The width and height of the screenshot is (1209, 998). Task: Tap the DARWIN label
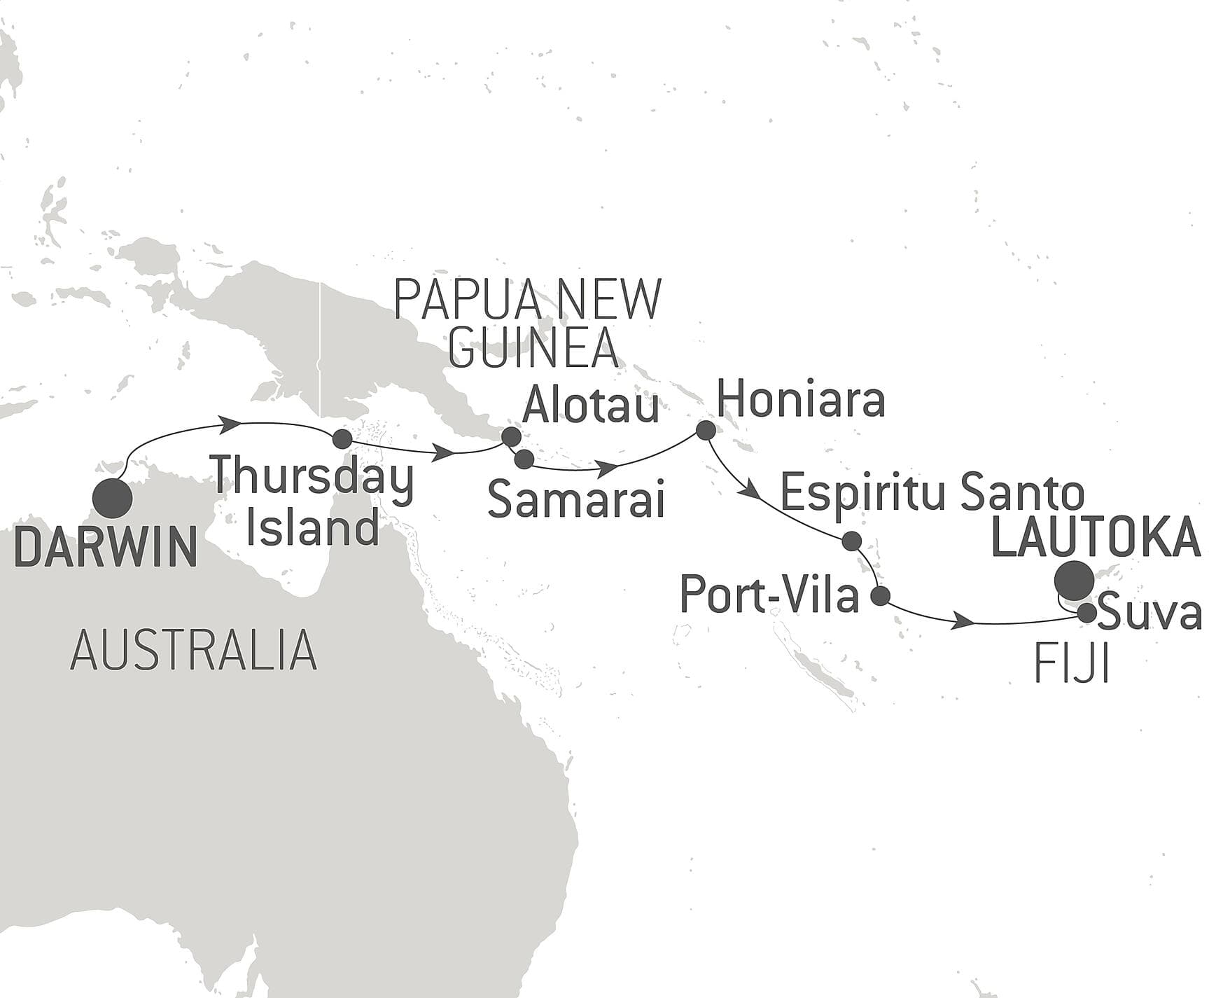[x=105, y=547]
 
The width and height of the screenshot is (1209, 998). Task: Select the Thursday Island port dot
[x=342, y=439]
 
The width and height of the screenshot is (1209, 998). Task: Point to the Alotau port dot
[x=511, y=436]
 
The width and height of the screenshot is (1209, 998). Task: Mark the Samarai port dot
[x=524, y=459]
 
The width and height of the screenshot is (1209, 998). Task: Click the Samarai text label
[x=575, y=500]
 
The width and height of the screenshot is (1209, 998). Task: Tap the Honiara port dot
[x=706, y=430]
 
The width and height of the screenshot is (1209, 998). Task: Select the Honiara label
[x=802, y=400]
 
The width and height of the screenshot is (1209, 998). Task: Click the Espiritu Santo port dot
[x=851, y=540]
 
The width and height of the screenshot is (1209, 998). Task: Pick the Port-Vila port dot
[x=880, y=596]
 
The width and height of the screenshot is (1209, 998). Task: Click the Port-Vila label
[x=769, y=597]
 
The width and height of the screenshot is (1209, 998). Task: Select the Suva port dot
[x=1086, y=613]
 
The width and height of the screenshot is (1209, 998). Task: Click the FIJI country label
[x=1072, y=665]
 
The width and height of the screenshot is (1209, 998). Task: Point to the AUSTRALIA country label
[x=194, y=650]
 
